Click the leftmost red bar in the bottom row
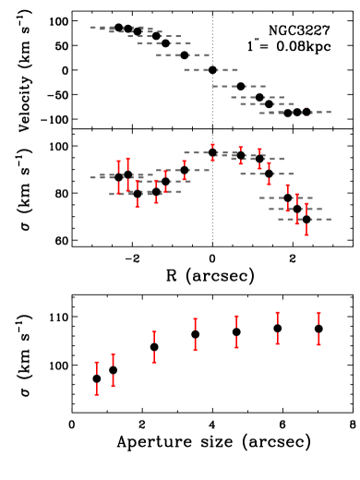pos(96,378)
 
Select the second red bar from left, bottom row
pos(114,369)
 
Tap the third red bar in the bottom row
pos(154,346)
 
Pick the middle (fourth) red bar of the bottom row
pos(195,334)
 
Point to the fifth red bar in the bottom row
pos(236,331)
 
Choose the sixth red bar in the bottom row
pos(277,328)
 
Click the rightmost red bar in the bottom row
pos(318,328)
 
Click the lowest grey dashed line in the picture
pos(305,219)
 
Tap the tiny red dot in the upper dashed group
pos(306,108)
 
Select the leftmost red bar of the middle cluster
pos(118,177)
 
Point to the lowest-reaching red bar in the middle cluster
pos(306,220)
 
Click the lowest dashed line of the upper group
pos(295,112)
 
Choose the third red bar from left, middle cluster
pos(138,194)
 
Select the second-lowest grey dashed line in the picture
pos(295,209)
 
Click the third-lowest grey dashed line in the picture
pos(286,198)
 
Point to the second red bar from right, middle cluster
pos(296,209)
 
